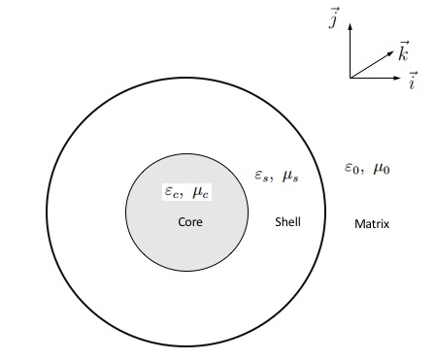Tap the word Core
tap(189, 221)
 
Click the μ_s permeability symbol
tap(290, 176)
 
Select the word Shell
tap(287, 222)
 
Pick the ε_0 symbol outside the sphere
tap(352, 168)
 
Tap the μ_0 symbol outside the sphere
tap(381, 169)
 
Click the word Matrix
tap(372, 224)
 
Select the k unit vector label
tap(402, 49)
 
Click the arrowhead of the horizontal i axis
tap(396, 78)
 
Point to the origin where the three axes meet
tap(351, 78)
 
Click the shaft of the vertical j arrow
tap(351, 54)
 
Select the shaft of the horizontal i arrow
tap(373, 78)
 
